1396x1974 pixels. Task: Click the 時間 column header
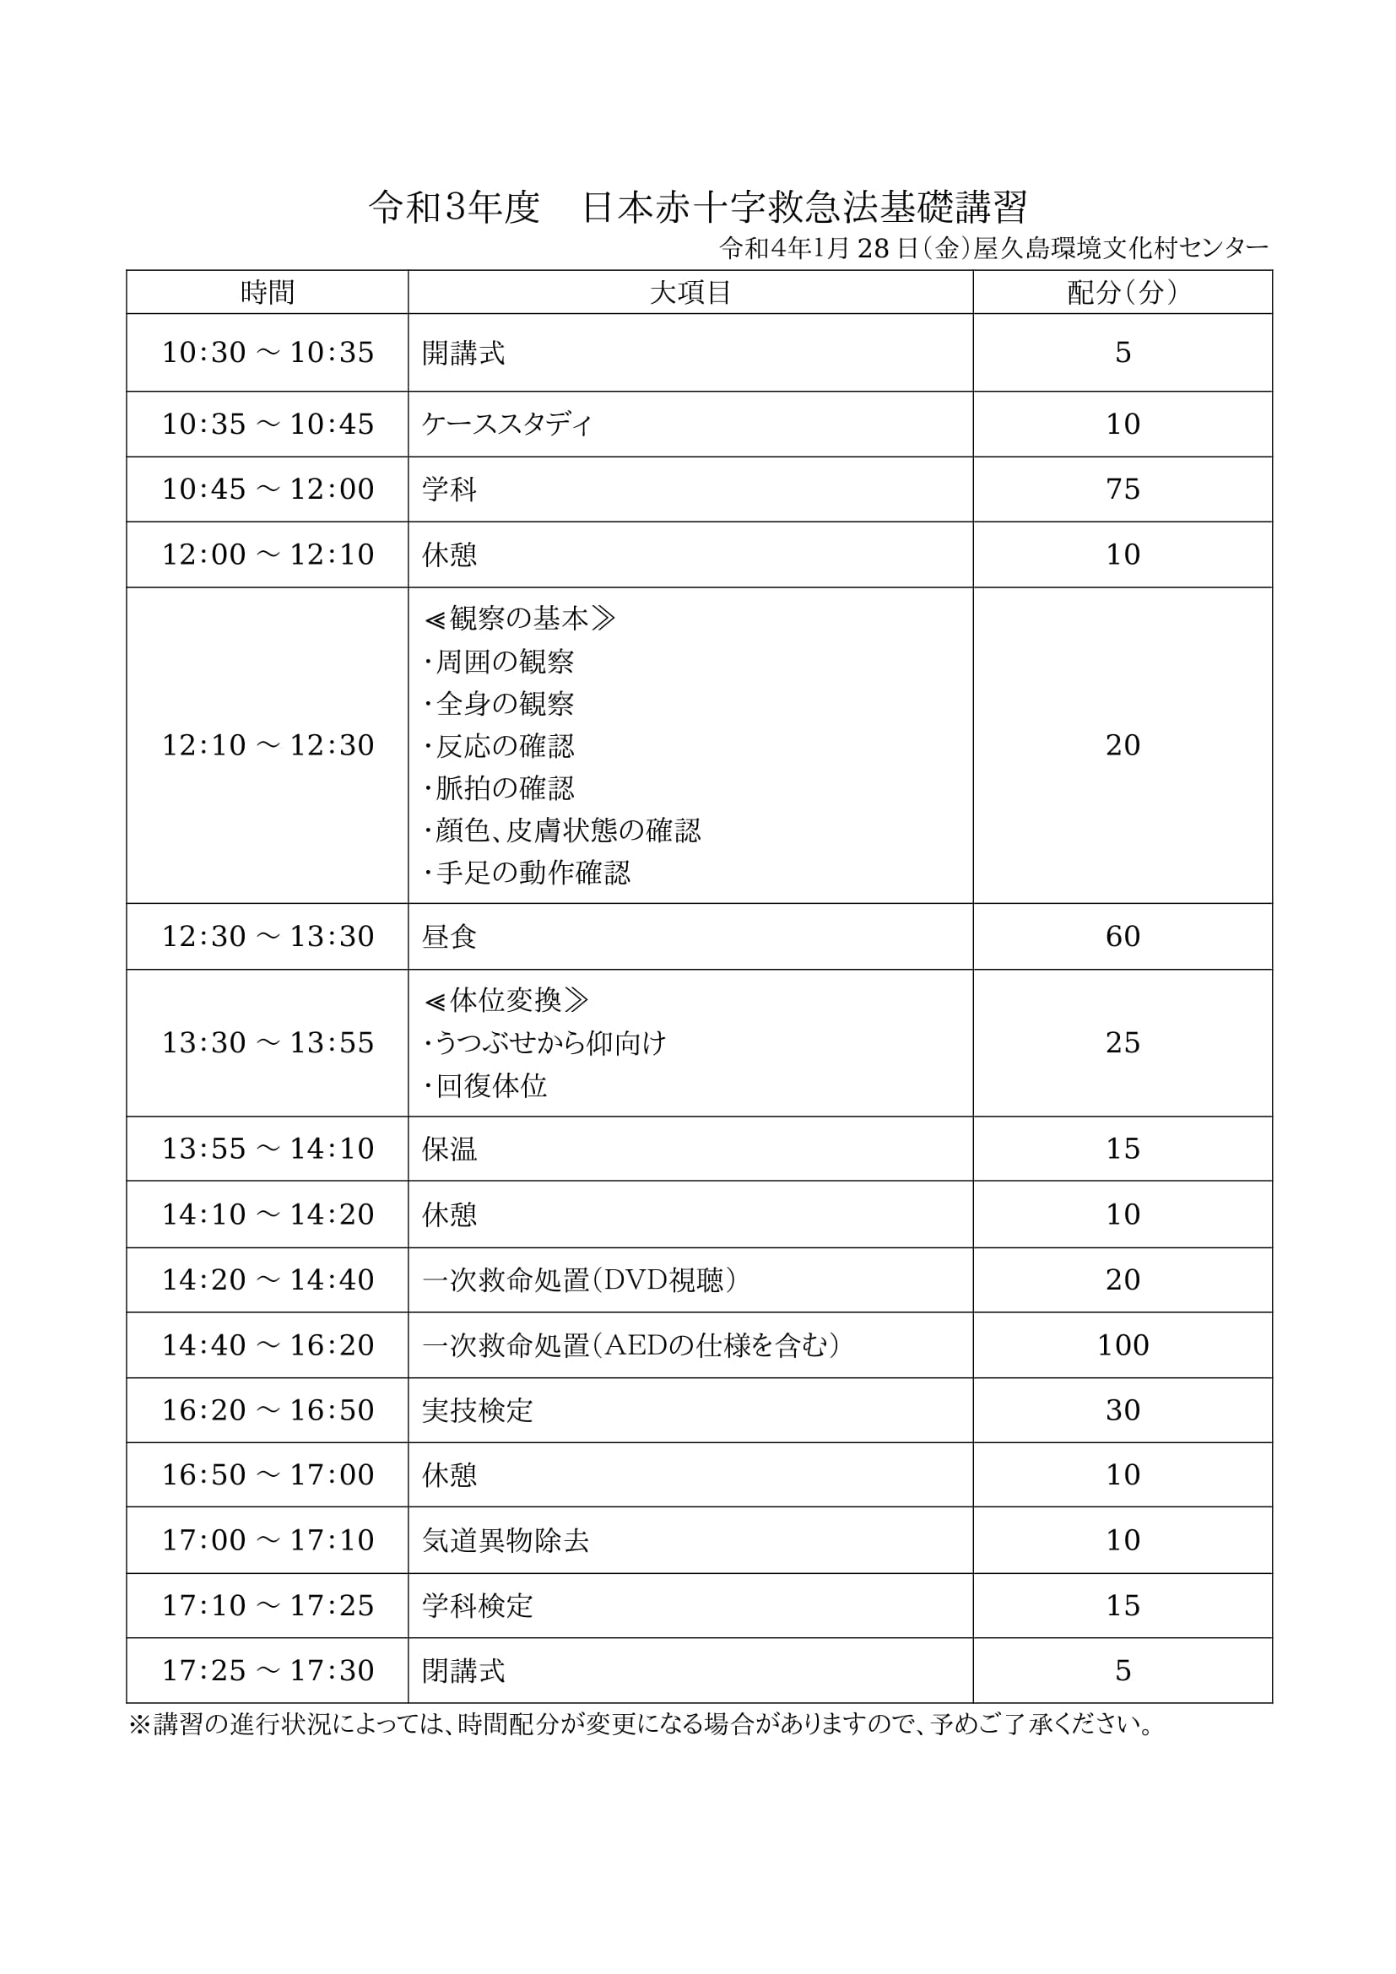[x=268, y=292]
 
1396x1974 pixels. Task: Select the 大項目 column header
[x=690, y=292]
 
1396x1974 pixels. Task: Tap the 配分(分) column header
[x=1122, y=292]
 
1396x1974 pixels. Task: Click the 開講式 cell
[x=463, y=353]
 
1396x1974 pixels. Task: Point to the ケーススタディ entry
[x=507, y=424]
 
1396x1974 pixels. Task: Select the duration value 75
[x=1123, y=489]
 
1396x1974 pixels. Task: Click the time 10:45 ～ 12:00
[x=268, y=489]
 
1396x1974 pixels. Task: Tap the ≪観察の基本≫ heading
[x=519, y=618]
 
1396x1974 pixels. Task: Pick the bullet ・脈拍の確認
[x=499, y=787]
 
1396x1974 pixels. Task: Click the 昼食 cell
[x=449, y=936]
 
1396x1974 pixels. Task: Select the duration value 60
[x=1123, y=936]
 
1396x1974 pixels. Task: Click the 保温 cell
[x=449, y=1149]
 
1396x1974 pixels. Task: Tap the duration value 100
[x=1123, y=1344]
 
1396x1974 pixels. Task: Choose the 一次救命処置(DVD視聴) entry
[x=579, y=1279]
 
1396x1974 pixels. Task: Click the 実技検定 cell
[x=477, y=1410]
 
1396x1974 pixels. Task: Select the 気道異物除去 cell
[x=506, y=1540]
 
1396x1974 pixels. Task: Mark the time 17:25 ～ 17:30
[x=268, y=1670]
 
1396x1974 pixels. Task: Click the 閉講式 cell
[x=463, y=1670]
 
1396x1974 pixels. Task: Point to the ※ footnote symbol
[x=139, y=1725]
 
